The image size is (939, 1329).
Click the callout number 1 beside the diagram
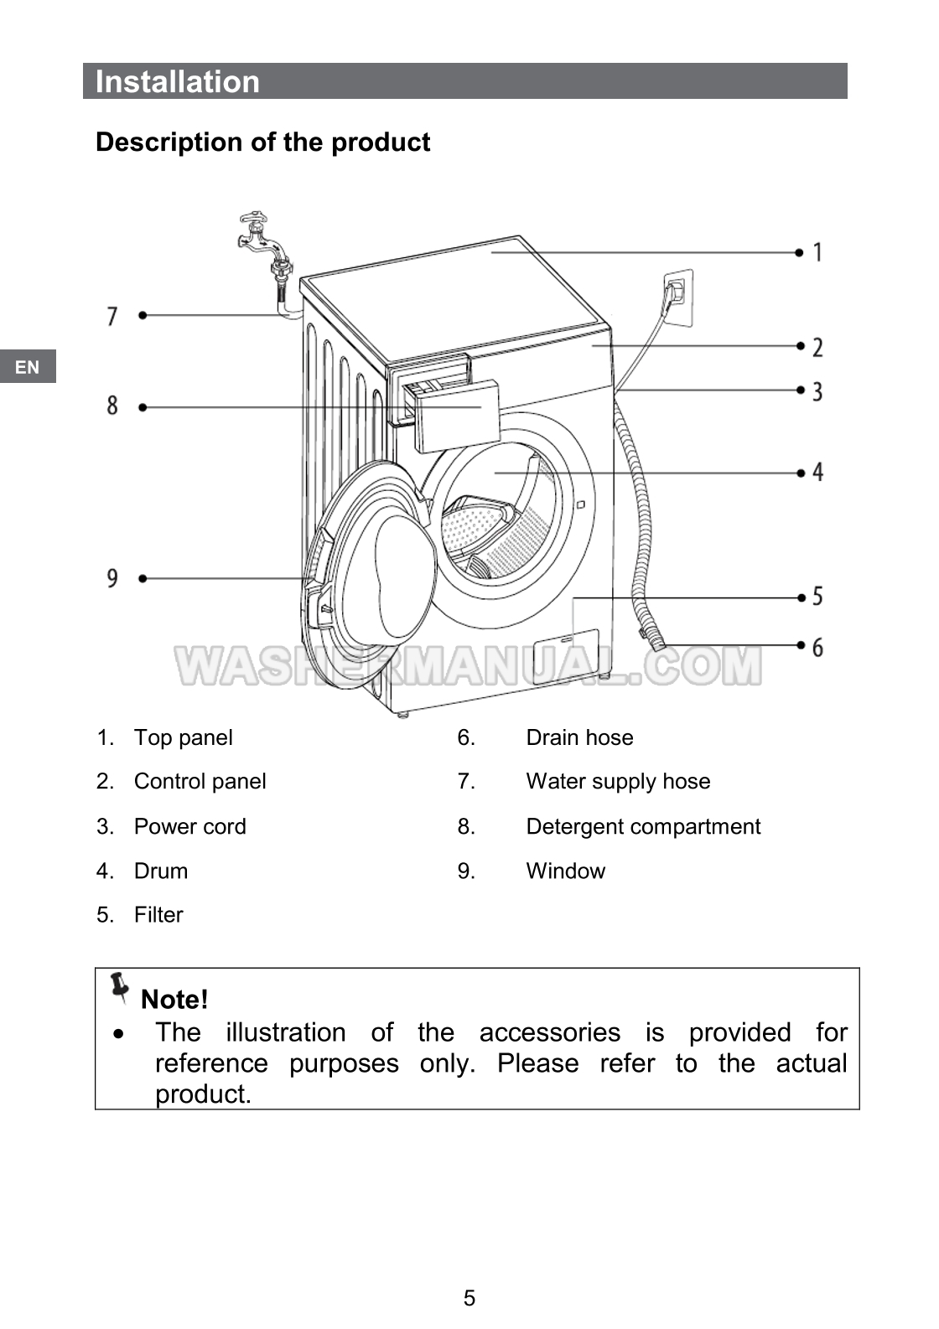[x=817, y=252]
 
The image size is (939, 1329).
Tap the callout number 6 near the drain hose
[x=817, y=647]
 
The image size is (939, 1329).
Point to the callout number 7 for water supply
[x=112, y=316]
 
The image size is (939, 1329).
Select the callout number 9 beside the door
[x=112, y=578]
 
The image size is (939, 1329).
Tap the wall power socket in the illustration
[x=677, y=297]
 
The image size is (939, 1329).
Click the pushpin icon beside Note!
[x=119, y=988]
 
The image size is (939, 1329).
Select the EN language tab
[x=28, y=367]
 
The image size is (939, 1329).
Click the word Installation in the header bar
[x=178, y=81]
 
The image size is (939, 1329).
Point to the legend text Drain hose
[x=579, y=737]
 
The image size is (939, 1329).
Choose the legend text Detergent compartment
[x=643, y=826]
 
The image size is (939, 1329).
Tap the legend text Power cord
[x=190, y=826]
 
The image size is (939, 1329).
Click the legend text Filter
[x=158, y=915]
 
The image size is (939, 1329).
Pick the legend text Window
[x=566, y=871]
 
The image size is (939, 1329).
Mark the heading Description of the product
[x=263, y=142]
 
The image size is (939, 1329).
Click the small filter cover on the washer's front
[x=564, y=656]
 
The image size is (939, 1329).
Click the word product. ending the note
[x=204, y=1094]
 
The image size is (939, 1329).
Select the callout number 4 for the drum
[x=818, y=473]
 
